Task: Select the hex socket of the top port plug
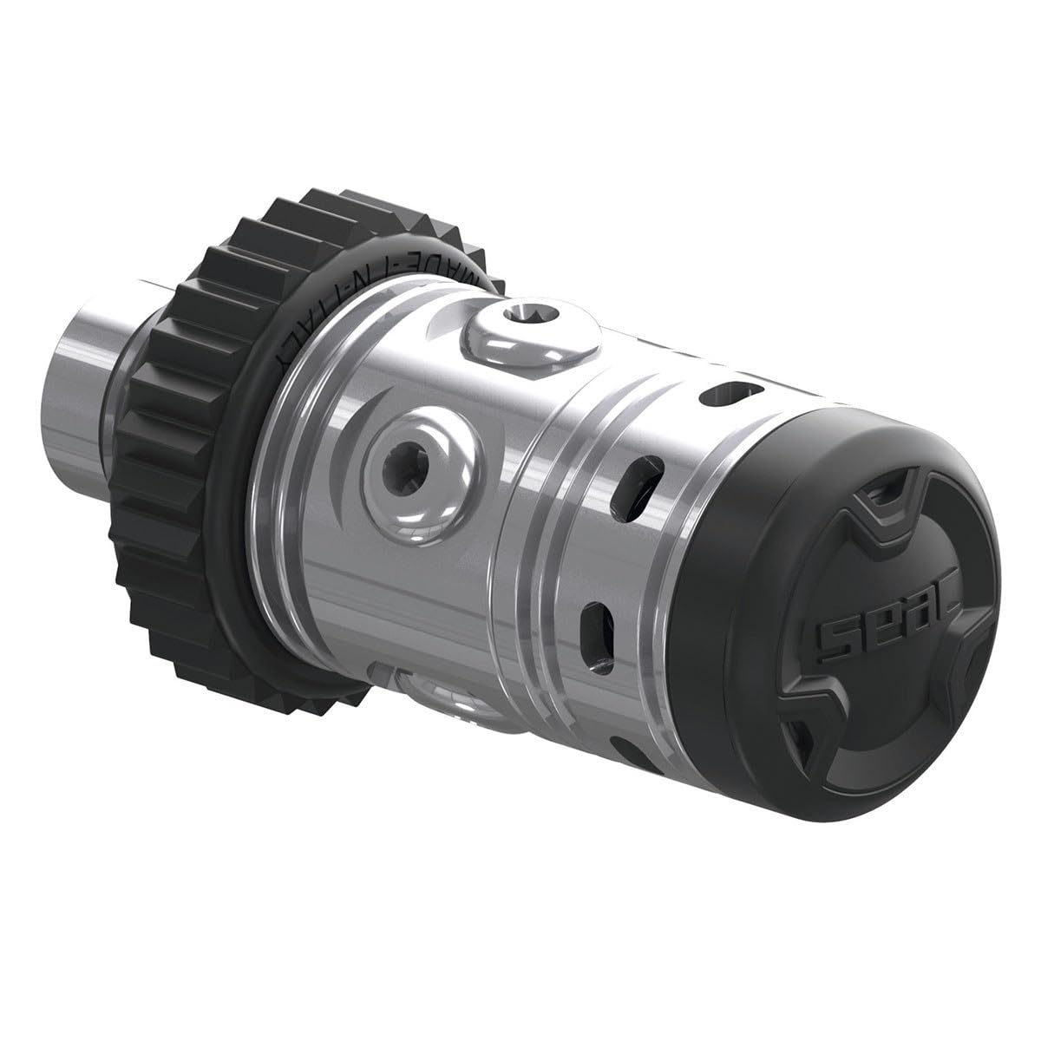click(520, 315)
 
